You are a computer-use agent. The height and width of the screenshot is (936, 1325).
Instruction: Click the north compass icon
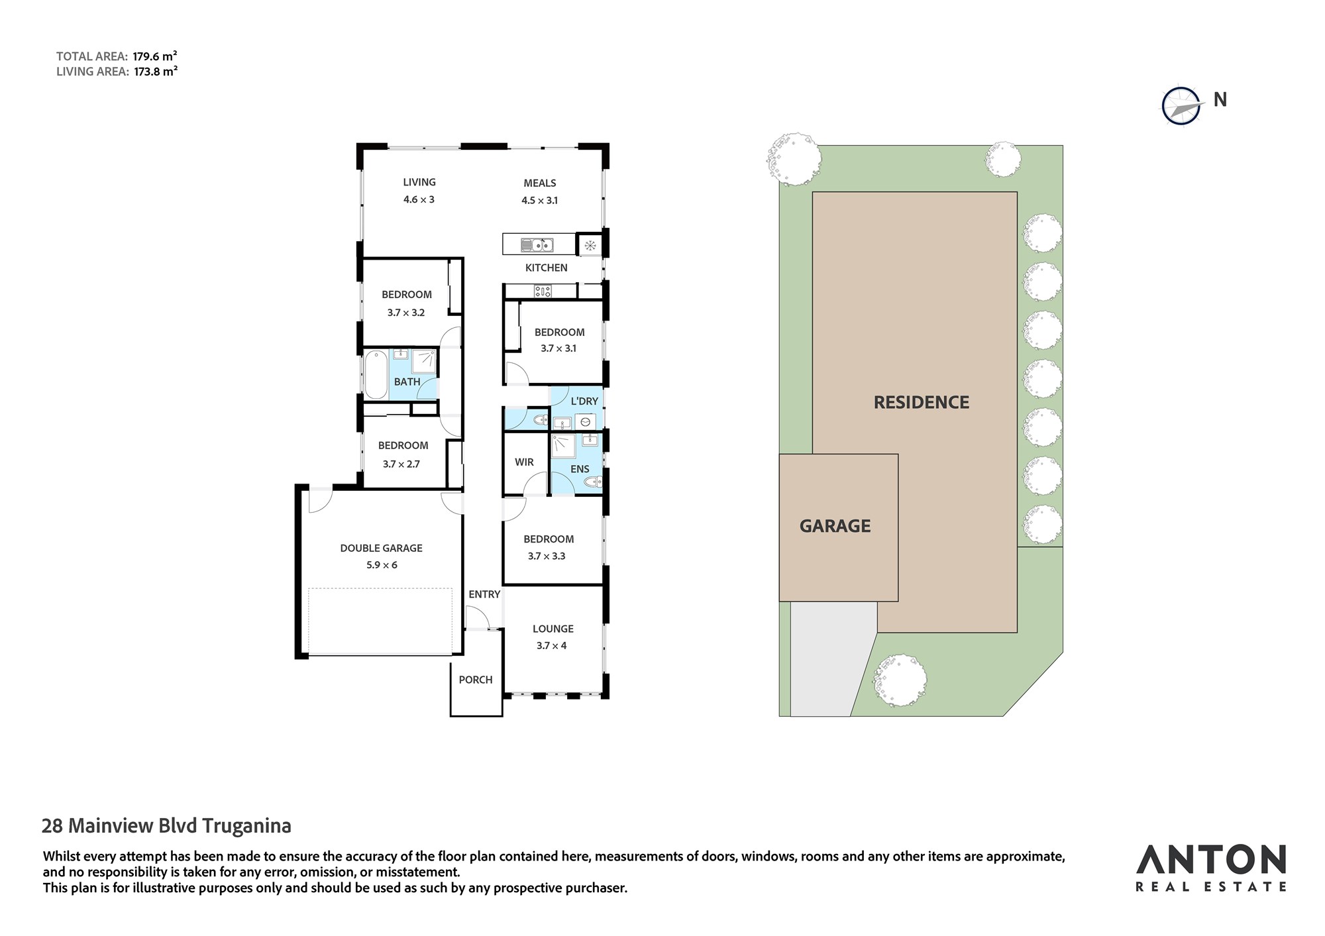[1182, 105]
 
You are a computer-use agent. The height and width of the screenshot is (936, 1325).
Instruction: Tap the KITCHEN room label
[546, 268]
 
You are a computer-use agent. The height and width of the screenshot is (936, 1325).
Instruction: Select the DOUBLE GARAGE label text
[381, 548]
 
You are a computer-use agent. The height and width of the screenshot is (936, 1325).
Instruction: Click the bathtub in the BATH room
[376, 375]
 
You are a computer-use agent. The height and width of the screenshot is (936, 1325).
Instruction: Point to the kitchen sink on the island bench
[537, 245]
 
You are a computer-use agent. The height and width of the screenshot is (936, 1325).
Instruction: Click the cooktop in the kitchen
[543, 291]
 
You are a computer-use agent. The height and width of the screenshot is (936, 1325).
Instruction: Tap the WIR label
[524, 462]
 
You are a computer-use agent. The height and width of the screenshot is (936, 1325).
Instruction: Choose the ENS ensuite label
[580, 469]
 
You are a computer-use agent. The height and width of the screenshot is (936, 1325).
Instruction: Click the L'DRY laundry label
[584, 401]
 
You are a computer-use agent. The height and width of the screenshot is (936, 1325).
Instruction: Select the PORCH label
[476, 680]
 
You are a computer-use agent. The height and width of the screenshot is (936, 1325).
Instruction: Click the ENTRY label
[484, 594]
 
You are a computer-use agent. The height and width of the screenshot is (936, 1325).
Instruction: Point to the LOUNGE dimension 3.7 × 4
[552, 646]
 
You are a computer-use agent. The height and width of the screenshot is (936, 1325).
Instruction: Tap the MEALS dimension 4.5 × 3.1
[540, 200]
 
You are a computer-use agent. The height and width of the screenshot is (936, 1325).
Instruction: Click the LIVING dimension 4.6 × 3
[419, 199]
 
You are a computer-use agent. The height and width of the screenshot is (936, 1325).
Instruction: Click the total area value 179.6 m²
[155, 56]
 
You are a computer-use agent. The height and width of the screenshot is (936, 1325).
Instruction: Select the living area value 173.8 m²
[156, 72]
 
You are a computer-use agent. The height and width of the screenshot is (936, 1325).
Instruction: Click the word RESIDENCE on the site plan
[922, 402]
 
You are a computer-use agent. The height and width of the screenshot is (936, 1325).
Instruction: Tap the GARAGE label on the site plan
[835, 526]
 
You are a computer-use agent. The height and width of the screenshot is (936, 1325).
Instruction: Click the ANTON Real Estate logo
[1211, 867]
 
